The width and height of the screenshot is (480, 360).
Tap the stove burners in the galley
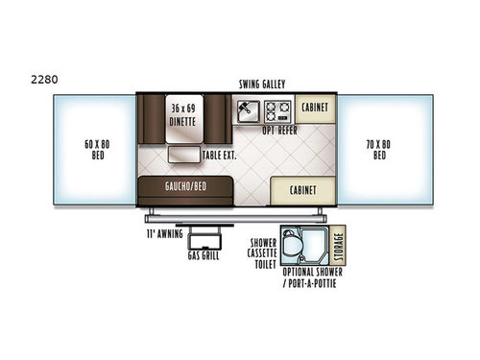pyautogui.click(x=277, y=110)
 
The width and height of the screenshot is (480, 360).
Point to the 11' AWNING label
pyautogui.click(x=160, y=233)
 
